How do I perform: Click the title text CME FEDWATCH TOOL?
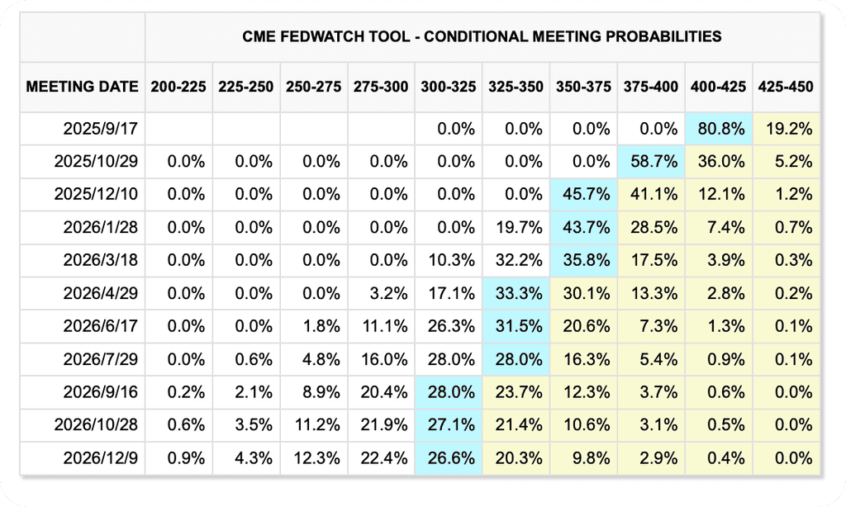tap(326, 36)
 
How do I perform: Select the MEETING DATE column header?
tap(82, 87)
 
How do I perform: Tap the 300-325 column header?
tap(449, 87)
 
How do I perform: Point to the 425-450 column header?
tap(786, 87)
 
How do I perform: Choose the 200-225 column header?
tap(178, 87)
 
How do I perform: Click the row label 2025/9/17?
tap(100, 129)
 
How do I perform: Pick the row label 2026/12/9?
tap(100, 458)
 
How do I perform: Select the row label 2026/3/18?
tap(100, 260)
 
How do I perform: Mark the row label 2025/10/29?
tap(96, 161)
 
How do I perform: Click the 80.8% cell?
tap(720, 129)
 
